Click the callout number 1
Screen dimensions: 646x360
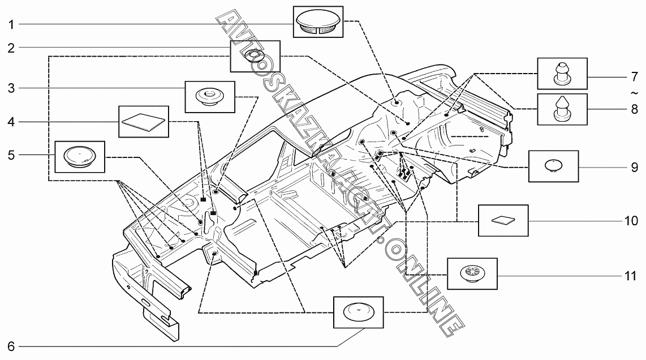11,25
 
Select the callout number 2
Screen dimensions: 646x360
11,48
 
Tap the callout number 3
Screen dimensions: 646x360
11,88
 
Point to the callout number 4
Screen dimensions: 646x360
11,122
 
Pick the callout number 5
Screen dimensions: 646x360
11,156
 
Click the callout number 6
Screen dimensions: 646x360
11,346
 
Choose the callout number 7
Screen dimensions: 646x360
634,77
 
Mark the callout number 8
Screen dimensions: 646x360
634,109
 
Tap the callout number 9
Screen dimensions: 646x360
634,168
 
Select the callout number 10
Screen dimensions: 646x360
631,221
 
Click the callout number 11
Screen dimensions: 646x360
631,276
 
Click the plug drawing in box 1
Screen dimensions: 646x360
318,22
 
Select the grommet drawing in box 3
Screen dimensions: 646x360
209,97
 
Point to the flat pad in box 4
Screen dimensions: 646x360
144,122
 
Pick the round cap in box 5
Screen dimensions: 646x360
80,156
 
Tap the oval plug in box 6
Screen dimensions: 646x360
359,312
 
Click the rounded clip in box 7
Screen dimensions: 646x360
562,74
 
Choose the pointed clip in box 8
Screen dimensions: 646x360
562,109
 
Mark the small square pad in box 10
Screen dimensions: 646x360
503,220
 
